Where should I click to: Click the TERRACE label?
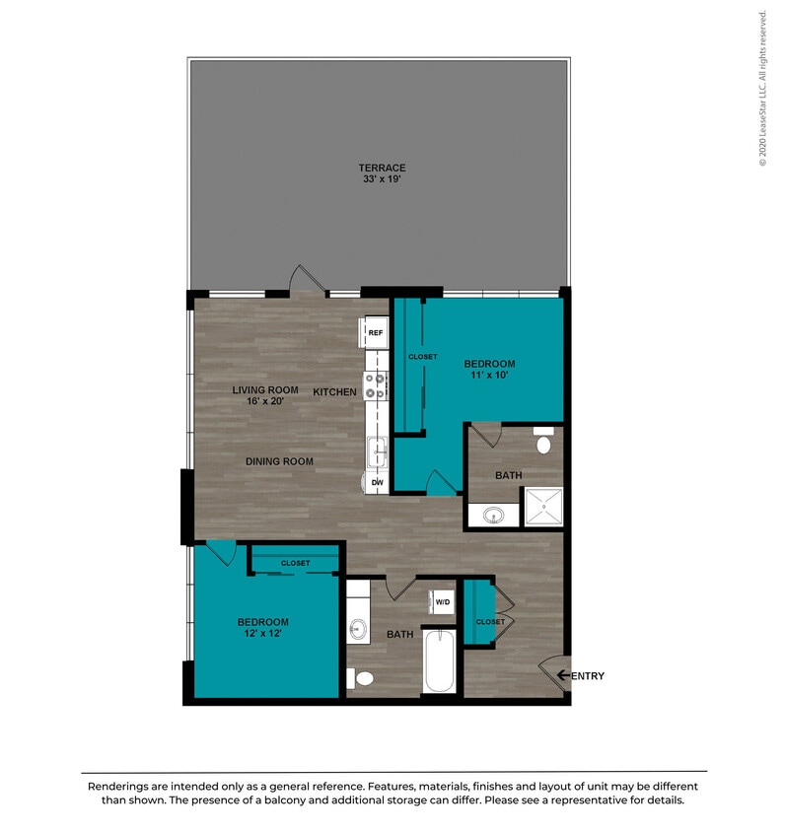click(x=382, y=168)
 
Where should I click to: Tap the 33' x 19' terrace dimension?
click(x=382, y=180)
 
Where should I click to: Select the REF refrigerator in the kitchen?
click(x=375, y=333)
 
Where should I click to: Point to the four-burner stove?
click(x=375, y=385)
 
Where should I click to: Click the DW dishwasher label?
click(x=377, y=482)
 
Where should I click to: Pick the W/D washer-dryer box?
click(x=443, y=601)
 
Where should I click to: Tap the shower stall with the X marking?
click(x=542, y=508)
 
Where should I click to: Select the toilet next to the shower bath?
click(x=543, y=442)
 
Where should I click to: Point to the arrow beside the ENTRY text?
click(x=563, y=675)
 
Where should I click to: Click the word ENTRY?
click(x=588, y=676)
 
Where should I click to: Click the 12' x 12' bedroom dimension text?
click(x=262, y=634)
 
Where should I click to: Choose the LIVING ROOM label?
click(x=264, y=390)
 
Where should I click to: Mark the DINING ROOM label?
click(x=280, y=461)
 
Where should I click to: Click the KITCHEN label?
click(x=334, y=392)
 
